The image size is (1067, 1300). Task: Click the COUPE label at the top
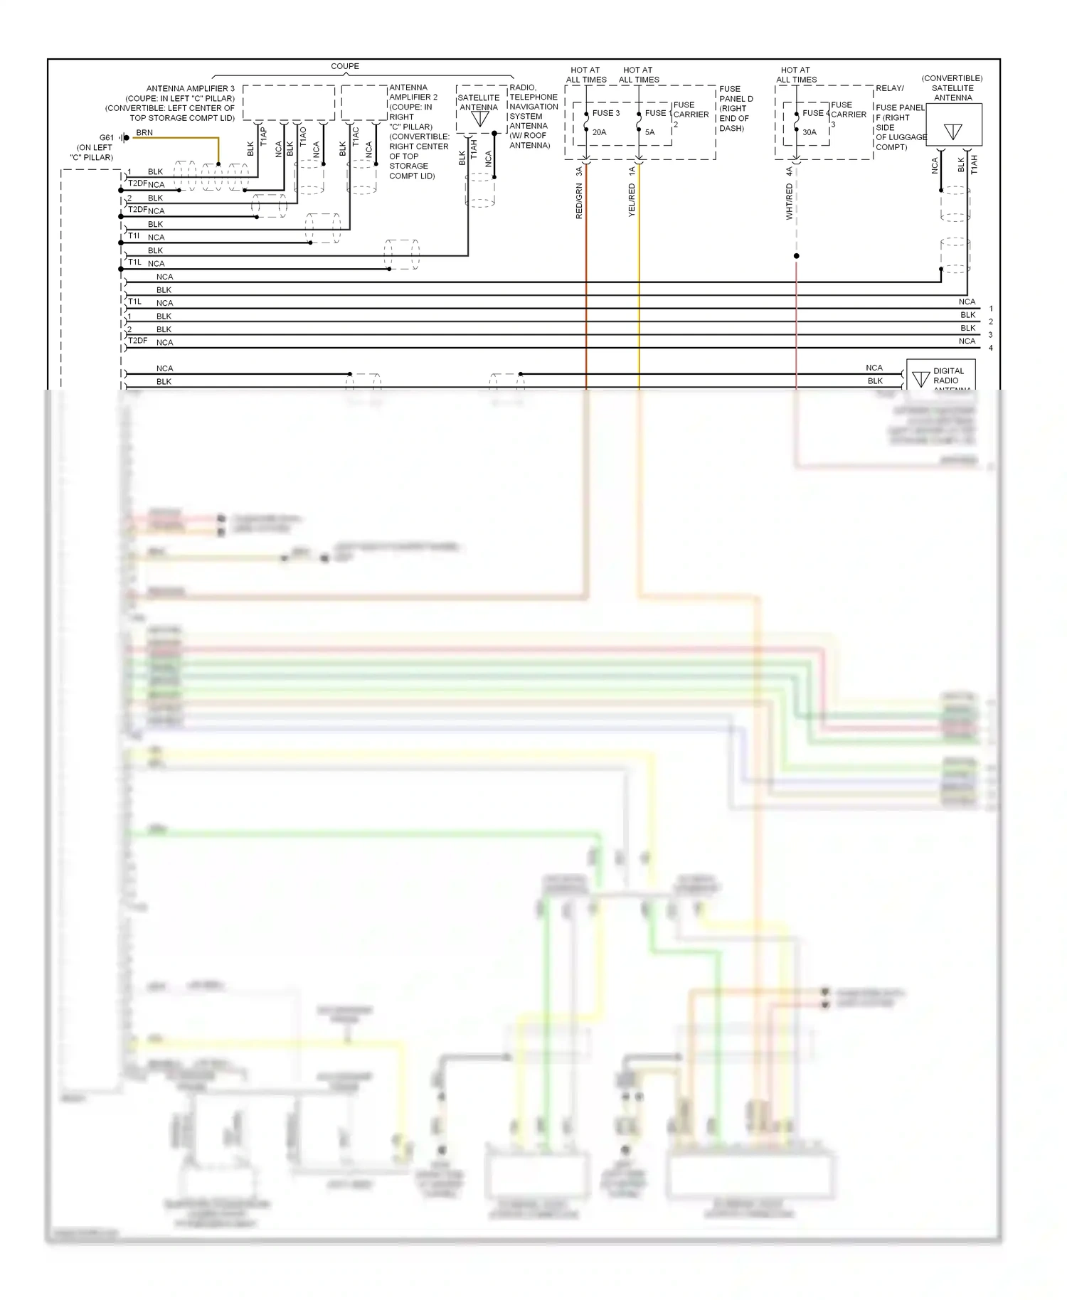click(x=345, y=66)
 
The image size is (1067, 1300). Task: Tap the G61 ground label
click(x=106, y=138)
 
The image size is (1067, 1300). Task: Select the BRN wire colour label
click(x=144, y=133)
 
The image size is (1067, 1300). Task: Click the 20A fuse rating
click(x=600, y=132)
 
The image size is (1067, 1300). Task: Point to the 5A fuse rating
click(x=649, y=132)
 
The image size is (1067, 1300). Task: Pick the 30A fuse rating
click(x=809, y=132)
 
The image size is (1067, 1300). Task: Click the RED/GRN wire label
click(x=580, y=201)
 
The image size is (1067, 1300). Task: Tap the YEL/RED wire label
click(x=632, y=200)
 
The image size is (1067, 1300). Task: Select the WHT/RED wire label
click(x=790, y=201)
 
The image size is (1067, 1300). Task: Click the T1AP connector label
click(x=264, y=137)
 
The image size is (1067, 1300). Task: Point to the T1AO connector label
click(x=303, y=137)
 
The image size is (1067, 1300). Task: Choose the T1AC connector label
click(x=356, y=137)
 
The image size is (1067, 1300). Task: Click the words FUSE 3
click(x=606, y=113)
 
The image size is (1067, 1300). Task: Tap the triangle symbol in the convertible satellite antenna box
click(x=953, y=132)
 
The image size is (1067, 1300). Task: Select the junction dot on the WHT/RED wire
click(x=796, y=256)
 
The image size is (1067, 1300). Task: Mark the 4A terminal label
click(x=790, y=171)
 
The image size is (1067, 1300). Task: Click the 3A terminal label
click(x=580, y=171)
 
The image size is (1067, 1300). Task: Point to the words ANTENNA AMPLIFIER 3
click(x=190, y=89)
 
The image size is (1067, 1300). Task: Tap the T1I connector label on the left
click(x=134, y=235)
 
